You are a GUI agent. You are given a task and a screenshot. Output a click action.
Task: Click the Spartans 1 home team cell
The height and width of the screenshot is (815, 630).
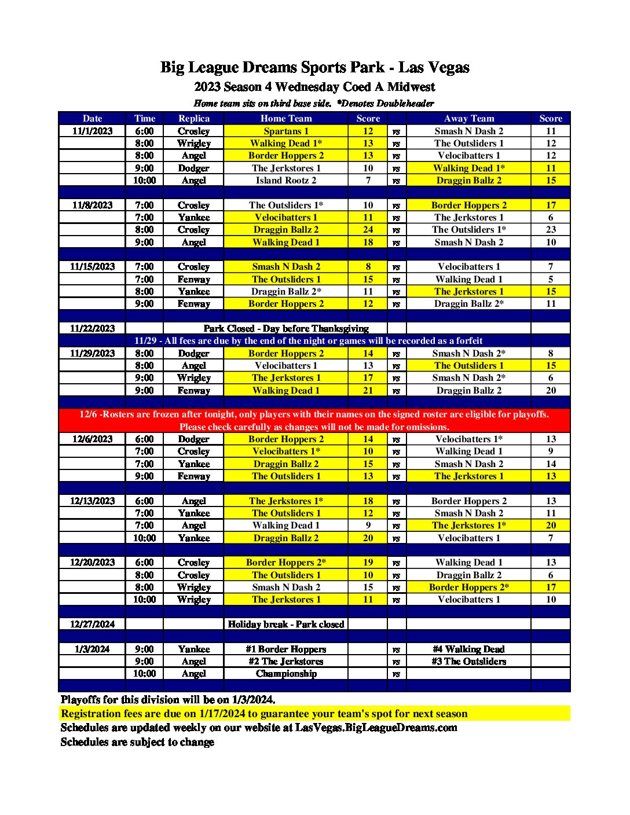coord(286,131)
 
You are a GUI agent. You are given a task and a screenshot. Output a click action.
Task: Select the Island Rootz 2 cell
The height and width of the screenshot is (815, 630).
coord(286,181)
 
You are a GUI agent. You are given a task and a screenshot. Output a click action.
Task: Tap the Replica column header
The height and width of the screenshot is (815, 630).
coord(193,119)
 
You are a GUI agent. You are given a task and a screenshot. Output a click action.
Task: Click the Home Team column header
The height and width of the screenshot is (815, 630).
coord(286,119)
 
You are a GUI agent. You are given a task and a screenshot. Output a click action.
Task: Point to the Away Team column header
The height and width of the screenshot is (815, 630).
coord(468,119)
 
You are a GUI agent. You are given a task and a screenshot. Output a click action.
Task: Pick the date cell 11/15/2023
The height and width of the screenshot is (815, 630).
coord(92,267)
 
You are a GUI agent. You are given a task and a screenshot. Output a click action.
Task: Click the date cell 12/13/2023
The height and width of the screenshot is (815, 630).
coord(92,501)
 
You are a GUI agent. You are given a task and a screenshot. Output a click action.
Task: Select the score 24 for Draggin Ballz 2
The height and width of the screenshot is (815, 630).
coord(368,230)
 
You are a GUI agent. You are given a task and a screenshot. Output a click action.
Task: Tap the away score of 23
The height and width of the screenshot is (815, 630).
coord(550,230)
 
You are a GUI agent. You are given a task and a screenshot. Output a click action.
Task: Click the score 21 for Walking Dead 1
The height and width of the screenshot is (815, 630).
coord(368,391)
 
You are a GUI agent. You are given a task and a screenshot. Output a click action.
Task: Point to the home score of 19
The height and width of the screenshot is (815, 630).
coord(368,563)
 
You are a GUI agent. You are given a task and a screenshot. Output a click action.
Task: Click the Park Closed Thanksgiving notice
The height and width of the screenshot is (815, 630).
coord(286,329)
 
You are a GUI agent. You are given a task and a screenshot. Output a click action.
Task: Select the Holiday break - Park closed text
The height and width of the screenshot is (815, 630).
coord(286,625)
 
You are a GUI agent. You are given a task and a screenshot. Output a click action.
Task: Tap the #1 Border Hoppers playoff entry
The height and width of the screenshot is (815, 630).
coord(286,649)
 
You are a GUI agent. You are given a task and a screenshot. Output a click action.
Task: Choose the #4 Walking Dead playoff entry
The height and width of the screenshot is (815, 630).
coord(468,649)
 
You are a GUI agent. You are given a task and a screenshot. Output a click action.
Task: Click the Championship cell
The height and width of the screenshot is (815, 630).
coord(286,674)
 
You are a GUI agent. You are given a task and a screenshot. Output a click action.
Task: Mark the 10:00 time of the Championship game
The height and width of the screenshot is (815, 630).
coord(144,674)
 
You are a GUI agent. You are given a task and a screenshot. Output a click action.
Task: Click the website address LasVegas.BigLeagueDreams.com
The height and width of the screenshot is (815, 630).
coord(376,728)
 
